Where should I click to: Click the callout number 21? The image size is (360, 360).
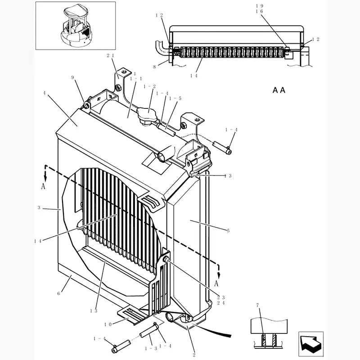point(111,55)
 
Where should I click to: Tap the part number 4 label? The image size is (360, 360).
point(44,93)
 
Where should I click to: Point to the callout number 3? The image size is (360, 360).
point(40,208)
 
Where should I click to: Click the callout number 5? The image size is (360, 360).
point(228,231)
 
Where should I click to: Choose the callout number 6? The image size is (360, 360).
point(58,293)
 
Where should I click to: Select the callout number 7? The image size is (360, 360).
point(257,306)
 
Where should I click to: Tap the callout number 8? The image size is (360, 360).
point(154,67)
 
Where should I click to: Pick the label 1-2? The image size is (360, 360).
point(149,86)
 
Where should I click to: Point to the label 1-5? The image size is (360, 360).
point(175,98)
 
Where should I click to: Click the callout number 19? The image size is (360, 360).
point(259,5)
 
